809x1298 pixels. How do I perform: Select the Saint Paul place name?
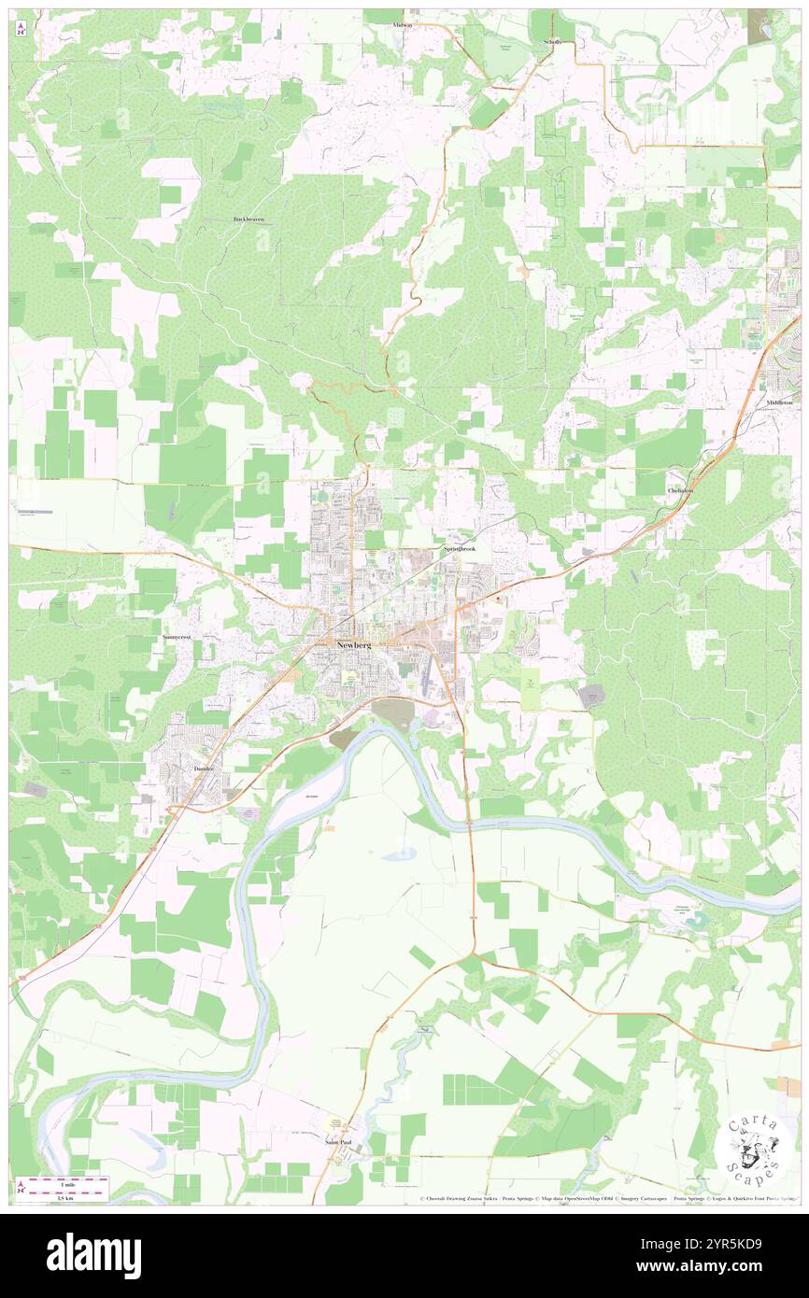(x=338, y=1142)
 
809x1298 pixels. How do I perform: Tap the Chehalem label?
(x=680, y=490)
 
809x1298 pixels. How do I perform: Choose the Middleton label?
(x=779, y=402)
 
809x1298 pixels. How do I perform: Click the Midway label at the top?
(x=403, y=24)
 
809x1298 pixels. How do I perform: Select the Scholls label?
(x=551, y=43)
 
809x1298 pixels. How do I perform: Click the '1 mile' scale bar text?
(x=65, y=1183)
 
